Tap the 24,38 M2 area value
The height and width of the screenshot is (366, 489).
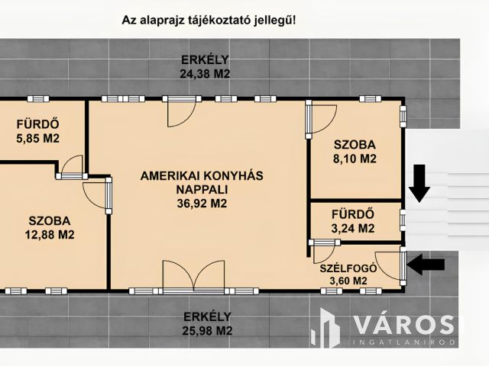pyautogui.click(x=205, y=74)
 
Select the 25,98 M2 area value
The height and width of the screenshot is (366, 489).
pyautogui.click(x=207, y=331)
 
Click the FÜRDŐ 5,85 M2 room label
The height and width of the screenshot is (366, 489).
pyautogui.click(x=37, y=131)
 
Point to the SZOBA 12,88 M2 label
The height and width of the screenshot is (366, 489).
pyautogui.click(x=47, y=227)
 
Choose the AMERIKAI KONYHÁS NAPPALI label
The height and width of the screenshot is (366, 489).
pyautogui.click(x=202, y=182)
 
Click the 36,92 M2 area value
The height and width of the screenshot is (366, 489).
pyautogui.click(x=202, y=204)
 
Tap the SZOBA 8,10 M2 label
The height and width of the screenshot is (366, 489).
pyautogui.click(x=355, y=152)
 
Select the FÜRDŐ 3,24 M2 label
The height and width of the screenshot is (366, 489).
pyautogui.click(x=352, y=220)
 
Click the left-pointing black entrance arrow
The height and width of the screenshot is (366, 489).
pyautogui.click(x=427, y=265)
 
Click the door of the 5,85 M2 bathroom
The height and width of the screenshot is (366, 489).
pyautogui.click(x=72, y=166)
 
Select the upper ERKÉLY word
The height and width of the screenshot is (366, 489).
pyautogui.click(x=205, y=60)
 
